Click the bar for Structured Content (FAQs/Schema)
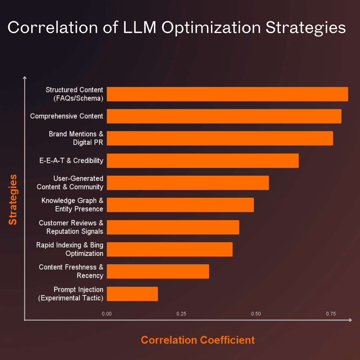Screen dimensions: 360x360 tap(227, 94)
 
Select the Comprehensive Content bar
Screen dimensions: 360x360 tap(224, 116)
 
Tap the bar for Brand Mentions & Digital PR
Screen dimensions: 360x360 tap(220, 138)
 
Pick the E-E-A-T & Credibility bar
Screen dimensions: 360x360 tap(203, 160)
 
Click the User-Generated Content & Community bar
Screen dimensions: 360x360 tap(188, 183)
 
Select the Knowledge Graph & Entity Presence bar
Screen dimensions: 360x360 tap(180, 205)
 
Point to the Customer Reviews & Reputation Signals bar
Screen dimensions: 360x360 tap(173, 227)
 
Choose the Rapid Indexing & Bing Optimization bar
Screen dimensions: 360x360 tap(169, 249)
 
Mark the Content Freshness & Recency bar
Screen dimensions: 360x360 tap(158, 271)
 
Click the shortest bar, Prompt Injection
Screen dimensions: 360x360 tap(132, 294)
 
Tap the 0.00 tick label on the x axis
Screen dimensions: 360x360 tap(107, 314)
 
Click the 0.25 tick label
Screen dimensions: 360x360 tap(181, 314)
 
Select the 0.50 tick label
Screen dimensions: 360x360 tap(256, 314)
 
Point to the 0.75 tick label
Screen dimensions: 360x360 tap(331, 314)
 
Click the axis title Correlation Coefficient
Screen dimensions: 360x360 tap(198, 340)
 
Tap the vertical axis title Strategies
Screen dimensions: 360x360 tap(13, 199)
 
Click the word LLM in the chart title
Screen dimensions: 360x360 tap(140, 28)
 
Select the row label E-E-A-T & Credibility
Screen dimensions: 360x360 tap(71, 160)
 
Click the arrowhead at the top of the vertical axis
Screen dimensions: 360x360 tap(25, 78)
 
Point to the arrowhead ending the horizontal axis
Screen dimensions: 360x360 tap(350, 320)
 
